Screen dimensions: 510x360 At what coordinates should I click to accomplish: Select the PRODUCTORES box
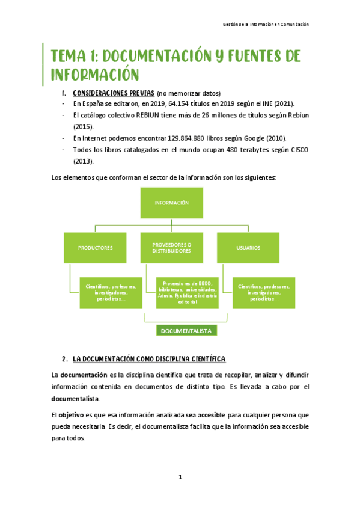[x=95, y=247]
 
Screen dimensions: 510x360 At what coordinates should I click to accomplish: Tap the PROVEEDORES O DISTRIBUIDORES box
[x=172, y=247]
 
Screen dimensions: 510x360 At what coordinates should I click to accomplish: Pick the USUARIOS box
[x=248, y=247]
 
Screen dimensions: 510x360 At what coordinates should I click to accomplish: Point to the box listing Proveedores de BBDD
[x=186, y=292]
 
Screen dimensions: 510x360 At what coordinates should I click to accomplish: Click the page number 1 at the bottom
[x=179, y=477]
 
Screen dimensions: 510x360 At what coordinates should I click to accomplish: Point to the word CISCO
[x=296, y=150]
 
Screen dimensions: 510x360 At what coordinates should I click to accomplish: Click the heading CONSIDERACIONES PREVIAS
[x=112, y=93]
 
